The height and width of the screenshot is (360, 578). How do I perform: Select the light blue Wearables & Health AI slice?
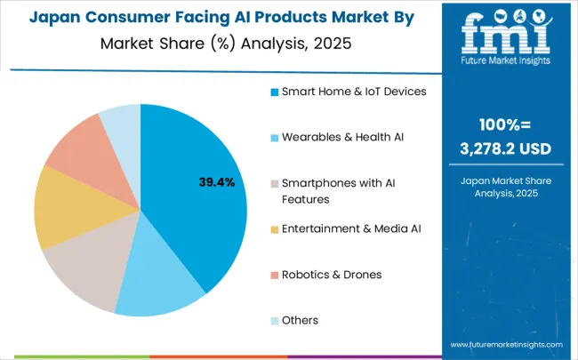click(165, 283)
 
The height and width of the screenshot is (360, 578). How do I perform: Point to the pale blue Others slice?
click(121, 122)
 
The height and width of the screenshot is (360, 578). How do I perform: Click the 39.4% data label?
click(216, 182)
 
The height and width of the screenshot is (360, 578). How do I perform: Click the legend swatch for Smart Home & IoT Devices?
click(276, 91)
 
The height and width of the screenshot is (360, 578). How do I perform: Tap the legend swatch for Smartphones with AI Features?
click(276, 182)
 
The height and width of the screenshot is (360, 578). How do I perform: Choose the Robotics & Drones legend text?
click(332, 274)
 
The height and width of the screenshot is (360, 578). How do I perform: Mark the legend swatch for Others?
click(276, 320)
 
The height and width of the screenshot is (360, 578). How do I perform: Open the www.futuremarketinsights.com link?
click(505, 345)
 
